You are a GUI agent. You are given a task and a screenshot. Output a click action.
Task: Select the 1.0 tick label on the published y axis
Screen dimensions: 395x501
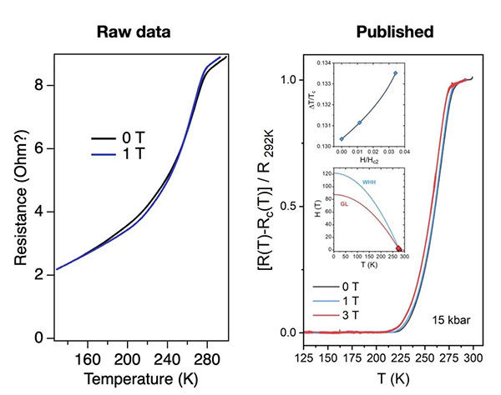[x=290, y=80]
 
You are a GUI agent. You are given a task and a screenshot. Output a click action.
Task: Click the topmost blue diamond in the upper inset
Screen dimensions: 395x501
[x=395, y=73]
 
